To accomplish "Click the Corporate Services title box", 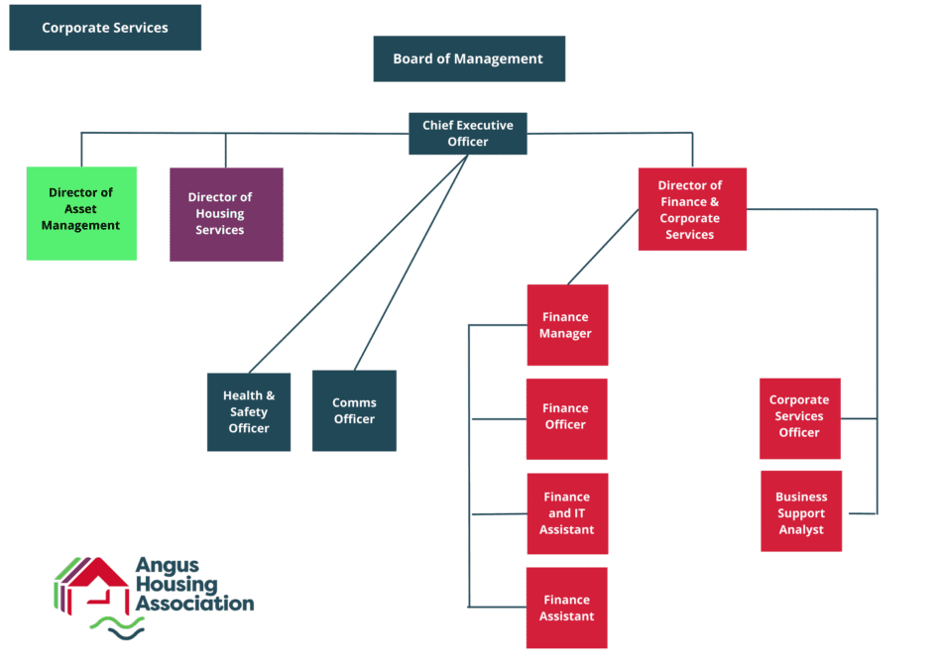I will click(x=105, y=28).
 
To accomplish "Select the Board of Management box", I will click(x=469, y=58).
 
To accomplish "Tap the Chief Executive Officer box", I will click(x=468, y=134).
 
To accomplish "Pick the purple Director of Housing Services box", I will click(x=226, y=214).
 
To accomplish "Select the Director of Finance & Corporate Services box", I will click(x=691, y=209).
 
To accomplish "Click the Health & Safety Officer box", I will click(x=249, y=411).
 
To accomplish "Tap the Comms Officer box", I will click(x=354, y=410).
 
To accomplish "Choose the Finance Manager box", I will click(x=566, y=325).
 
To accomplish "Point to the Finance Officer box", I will click(x=566, y=417).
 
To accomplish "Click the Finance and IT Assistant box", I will click(x=566, y=513).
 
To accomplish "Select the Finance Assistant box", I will click(x=566, y=608).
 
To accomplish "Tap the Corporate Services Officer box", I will click(x=799, y=417).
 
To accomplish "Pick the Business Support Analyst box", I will click(x=801, y=512).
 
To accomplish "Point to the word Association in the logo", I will click(x=194, y=603).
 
